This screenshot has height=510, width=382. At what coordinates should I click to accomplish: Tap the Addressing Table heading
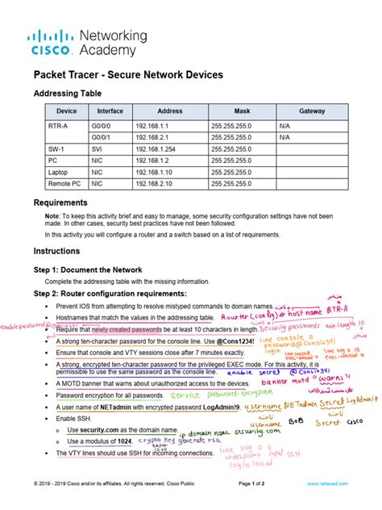69,93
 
